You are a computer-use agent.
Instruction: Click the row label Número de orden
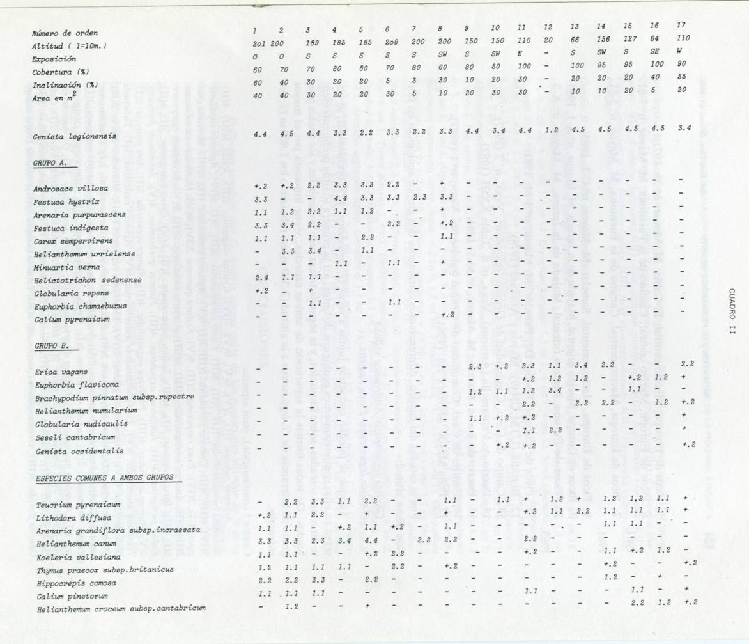coord(66,33)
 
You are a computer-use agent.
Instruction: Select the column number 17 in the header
coord(681,25)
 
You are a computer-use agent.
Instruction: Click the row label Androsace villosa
coord(71,189)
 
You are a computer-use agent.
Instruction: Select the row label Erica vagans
coord(61,372)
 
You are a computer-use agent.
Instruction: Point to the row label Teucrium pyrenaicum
coord(78,505)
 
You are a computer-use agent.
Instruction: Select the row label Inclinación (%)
coord(65,84)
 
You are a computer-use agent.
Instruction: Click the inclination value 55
coord(681,75)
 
